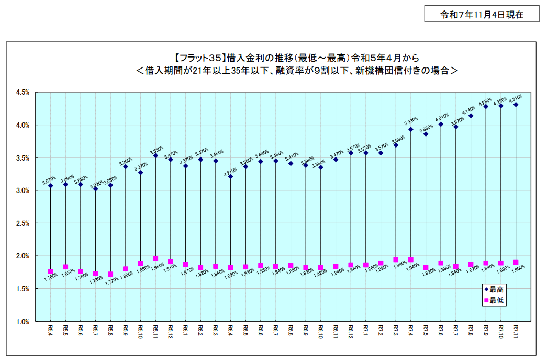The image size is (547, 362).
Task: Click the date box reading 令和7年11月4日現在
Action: (482, 15)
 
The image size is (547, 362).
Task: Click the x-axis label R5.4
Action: (51, 330)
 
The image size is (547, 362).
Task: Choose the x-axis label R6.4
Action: (231, 330)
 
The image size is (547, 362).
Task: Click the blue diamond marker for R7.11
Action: (516, 105)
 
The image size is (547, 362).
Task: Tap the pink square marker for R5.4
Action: (51, 271)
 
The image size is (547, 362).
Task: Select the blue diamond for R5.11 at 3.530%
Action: (155, 155)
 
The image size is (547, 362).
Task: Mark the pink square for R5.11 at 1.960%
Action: (155, 258)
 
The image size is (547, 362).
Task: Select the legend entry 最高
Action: (497, 289)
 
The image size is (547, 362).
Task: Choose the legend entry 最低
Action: (497, 300)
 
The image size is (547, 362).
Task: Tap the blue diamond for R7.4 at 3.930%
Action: (411, 129)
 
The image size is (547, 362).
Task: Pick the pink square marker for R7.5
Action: (426, 268)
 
